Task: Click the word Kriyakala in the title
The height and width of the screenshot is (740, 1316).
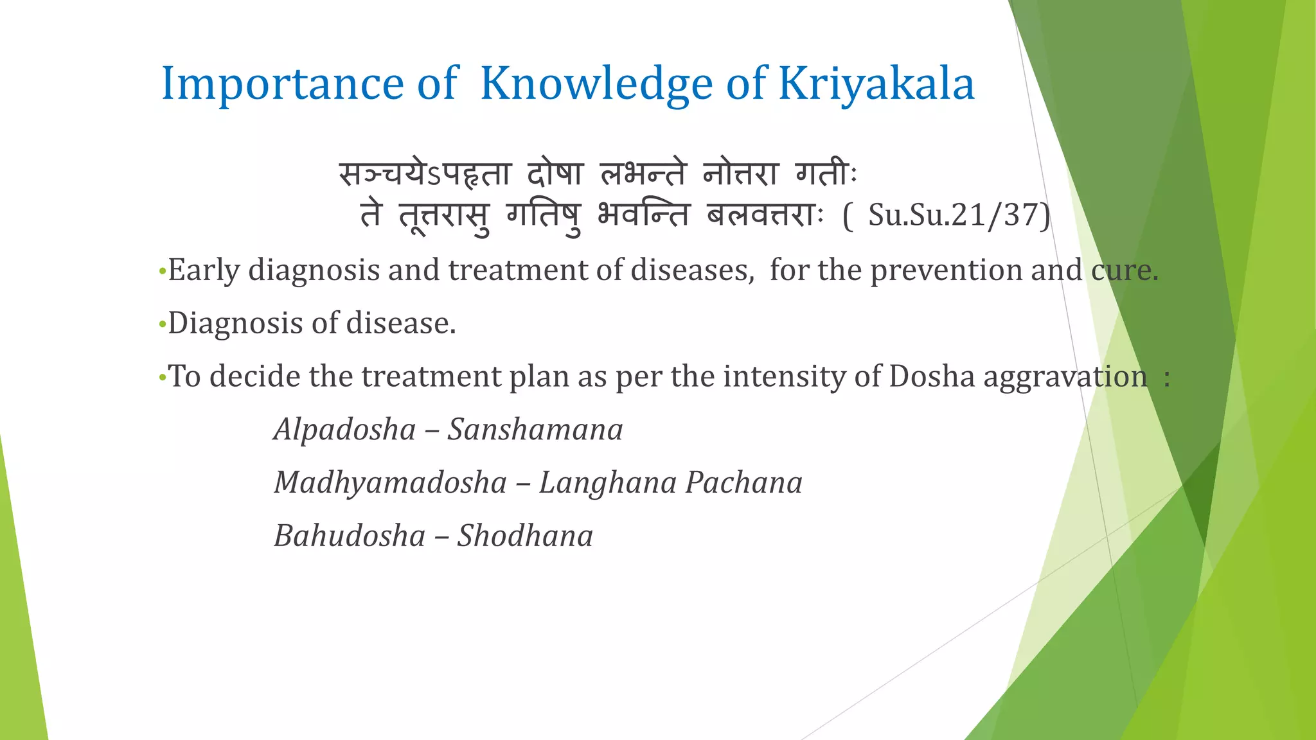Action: click(876, 84)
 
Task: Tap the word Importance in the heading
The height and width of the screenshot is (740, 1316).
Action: click(281, 84)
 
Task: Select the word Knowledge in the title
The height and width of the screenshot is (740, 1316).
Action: click(596, 84)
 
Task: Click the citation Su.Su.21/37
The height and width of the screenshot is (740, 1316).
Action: click(956, 215)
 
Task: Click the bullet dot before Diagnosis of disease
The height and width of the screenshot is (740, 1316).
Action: click(162, 324)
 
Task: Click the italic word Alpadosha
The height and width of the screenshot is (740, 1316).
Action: click(345, 430)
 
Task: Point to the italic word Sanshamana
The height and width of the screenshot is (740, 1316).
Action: click(535, 430)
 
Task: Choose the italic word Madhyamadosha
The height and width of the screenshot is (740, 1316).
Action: click(390, 483)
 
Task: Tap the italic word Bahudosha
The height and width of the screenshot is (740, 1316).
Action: click(350, 536)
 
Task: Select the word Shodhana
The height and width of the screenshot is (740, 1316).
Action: click(525, 536)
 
